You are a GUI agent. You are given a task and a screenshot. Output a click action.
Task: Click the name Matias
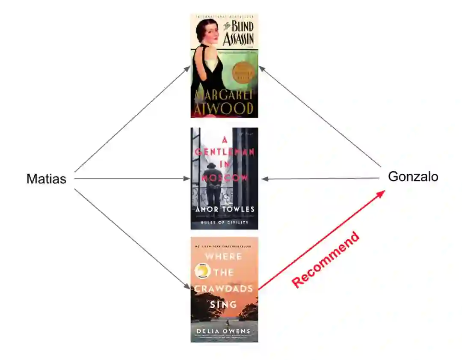(46, 179)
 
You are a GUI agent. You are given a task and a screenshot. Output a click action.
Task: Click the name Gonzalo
(413, 176)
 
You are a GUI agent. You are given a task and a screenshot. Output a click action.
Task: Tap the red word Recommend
(326, 259)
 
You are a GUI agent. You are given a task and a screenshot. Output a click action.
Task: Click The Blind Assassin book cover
(224, 65)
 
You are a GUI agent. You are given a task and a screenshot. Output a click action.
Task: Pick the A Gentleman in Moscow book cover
(224, 179)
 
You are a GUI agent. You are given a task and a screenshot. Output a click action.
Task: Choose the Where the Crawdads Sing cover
(224, 290)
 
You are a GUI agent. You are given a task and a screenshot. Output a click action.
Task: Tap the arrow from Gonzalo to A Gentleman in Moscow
(321, 179)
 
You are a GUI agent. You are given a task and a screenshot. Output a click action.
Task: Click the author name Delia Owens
(224, 331)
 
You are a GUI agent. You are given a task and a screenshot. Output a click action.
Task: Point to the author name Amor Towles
(225, 209)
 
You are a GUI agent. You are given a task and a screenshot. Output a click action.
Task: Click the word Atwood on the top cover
(224, 109)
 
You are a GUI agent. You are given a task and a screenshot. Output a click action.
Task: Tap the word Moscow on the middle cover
(225, 177)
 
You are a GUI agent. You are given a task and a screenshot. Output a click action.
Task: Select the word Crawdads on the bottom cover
(224, 289)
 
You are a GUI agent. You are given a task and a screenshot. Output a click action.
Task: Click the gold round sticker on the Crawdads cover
(201, 271)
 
